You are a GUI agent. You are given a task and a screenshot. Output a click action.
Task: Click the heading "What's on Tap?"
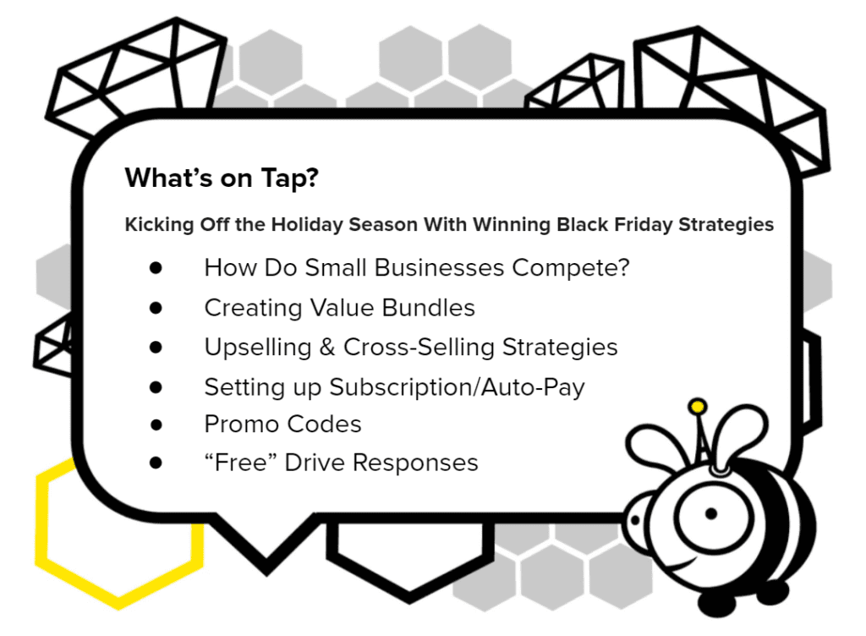pos(222,178)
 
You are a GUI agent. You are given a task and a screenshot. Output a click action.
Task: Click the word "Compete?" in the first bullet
pos(571,268)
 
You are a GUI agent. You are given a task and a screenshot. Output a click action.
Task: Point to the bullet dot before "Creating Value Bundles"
pos(156,308)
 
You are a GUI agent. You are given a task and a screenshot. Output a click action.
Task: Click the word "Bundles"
pos(428,308)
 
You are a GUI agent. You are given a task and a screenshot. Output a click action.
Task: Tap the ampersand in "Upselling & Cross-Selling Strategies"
pos(327,348)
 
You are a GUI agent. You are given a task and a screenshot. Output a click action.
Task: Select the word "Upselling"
pos(258,348)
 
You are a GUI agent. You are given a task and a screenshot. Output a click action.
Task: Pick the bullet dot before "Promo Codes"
pos(156,425)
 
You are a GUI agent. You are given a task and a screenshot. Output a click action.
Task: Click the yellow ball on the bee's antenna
pos(698,407)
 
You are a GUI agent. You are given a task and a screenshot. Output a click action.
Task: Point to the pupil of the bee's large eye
pos(711,514)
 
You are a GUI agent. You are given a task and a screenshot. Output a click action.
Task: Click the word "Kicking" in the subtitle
pos(159,225)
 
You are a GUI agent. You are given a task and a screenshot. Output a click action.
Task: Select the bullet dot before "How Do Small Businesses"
pos(156,268)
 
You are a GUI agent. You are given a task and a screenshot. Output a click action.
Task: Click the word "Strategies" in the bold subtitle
pos(726,225)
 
